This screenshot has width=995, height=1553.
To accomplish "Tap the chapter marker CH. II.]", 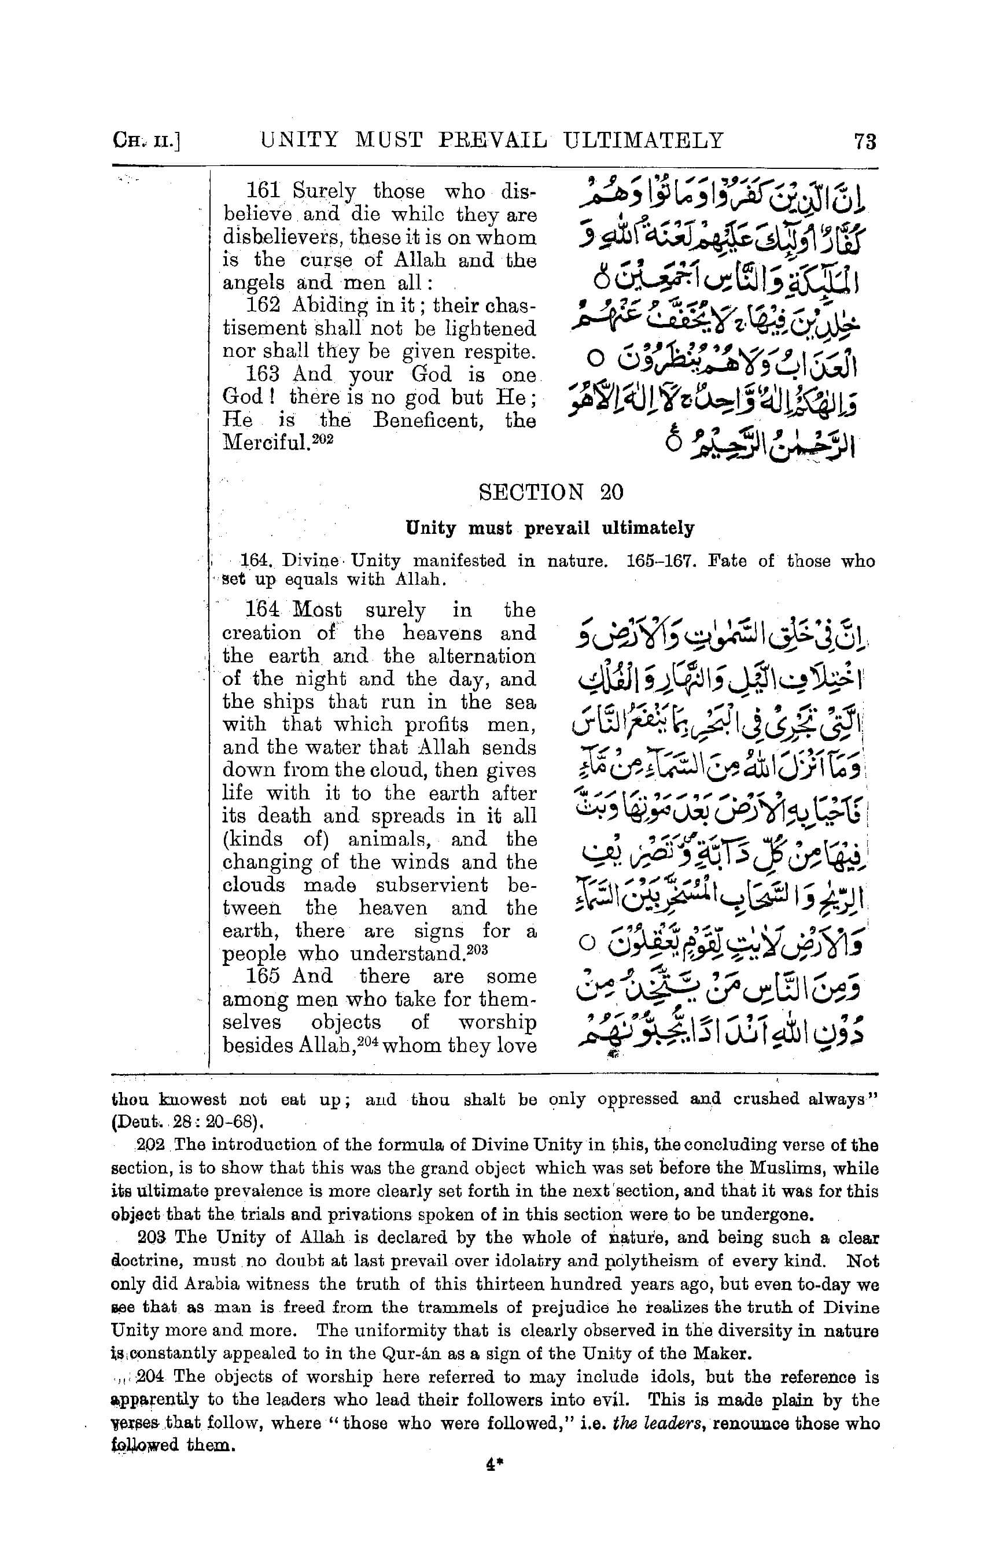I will click(146, 141).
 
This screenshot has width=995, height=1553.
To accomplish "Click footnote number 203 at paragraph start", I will click(153, 1238).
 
